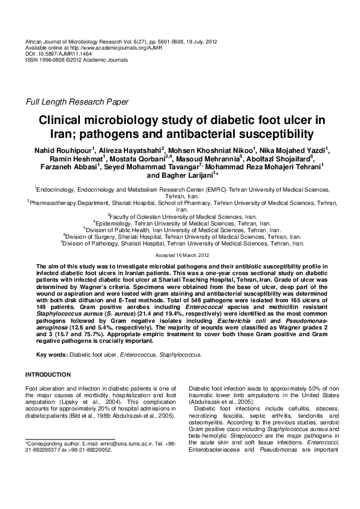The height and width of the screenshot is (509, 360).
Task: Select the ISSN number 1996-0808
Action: pos(52,59)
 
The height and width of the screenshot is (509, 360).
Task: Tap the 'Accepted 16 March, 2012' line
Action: pos(180,256)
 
